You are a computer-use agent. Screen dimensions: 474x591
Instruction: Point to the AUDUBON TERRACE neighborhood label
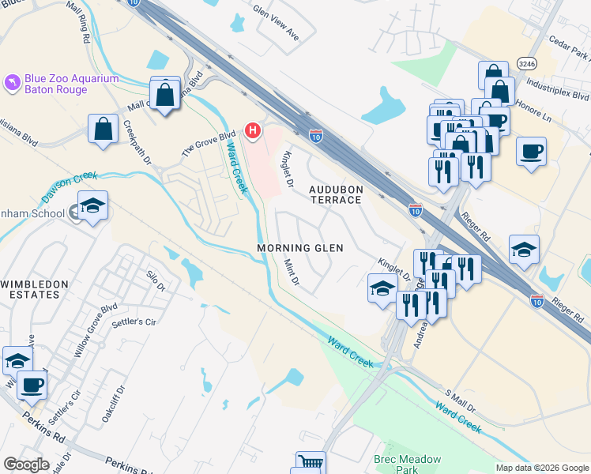tap(335, 194)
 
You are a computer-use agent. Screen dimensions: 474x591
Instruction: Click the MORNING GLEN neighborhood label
tap(300, 248)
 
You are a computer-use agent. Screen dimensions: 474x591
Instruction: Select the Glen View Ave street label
tap(276, 24)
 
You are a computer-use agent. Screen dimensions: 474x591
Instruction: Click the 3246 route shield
tap(529, 62)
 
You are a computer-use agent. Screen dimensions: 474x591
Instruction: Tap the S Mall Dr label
tap(461, 404)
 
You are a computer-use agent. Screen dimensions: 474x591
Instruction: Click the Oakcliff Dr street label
tap(112, 406)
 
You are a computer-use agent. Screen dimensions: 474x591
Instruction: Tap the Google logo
tap(26, 465)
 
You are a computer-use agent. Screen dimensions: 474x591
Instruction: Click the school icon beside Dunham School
tap(93, 207)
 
